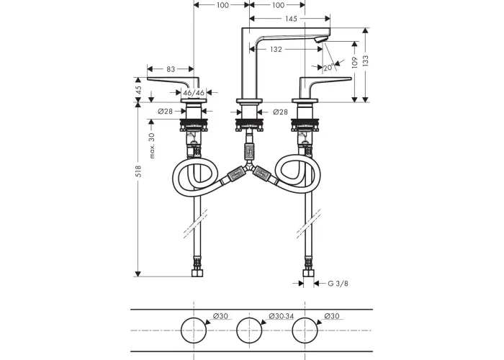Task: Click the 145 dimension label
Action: (291, 19)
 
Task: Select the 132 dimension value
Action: (276, 49)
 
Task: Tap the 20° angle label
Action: (329, 68)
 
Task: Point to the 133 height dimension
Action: (366, 60)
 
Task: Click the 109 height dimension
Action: (355, 63)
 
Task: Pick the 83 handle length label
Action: (171, 69)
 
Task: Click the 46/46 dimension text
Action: (194, 93)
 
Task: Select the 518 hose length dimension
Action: (138, 171)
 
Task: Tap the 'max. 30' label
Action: (152, 145)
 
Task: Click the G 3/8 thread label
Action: (338, 284)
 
